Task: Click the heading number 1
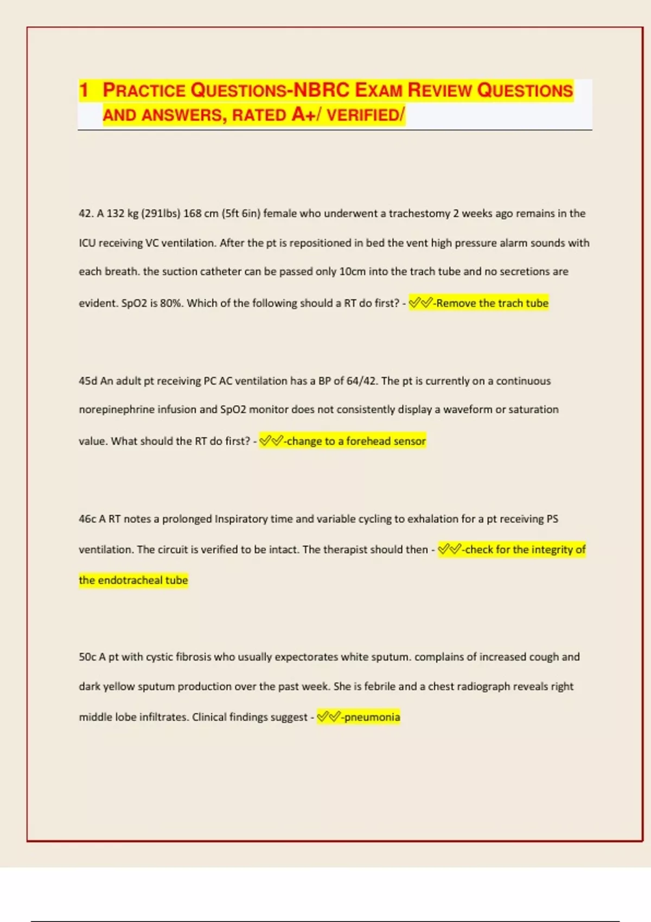pyautogui.click(x=84, y=90)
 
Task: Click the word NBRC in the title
pyautogui.click(x=321, y=90)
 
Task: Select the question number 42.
pyautogui.click(x=86, y=214)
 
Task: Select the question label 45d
pyautogui.click(x=88, y=381)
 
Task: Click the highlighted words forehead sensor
pyautogui.click(x=386, y=441)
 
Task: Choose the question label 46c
pyautogui.click(x=87, y=519)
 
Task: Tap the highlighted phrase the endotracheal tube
pyautogui.click(x=133, y=580)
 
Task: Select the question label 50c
pyautogui.click(x=87, y=657)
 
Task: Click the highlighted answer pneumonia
pyautogui.click(x=372, y=718)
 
